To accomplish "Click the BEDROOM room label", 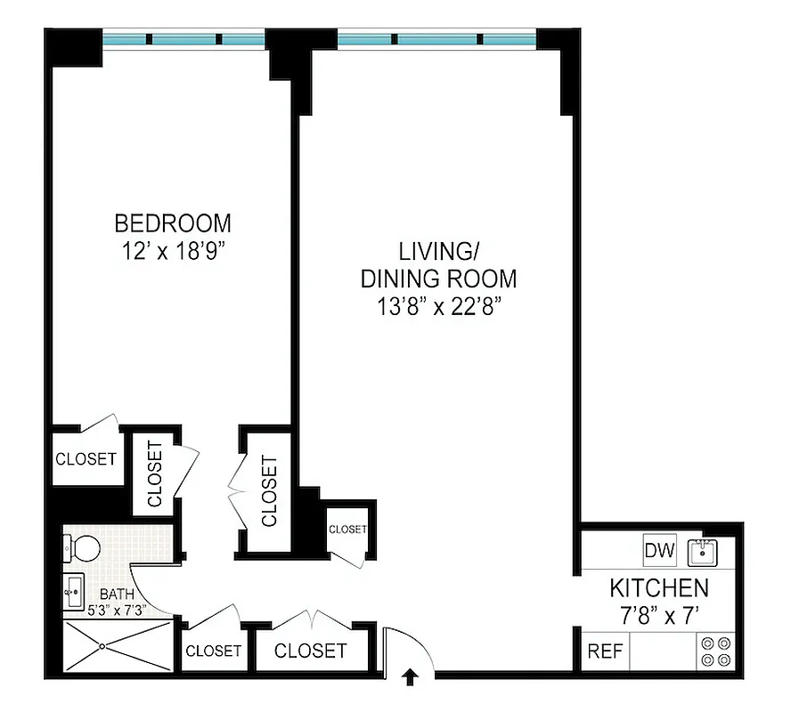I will [172, 222].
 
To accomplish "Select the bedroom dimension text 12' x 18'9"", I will [172, 251].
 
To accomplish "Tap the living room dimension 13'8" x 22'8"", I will [437, 308].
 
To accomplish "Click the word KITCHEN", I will [659, 588].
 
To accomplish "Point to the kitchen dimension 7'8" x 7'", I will [659, 615].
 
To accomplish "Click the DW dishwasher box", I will [660, 549].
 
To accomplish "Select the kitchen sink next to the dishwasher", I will [704, 553].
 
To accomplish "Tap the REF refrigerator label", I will [605, 651].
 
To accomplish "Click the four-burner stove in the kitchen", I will [716, 651].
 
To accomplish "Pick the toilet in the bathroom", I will [81, 549].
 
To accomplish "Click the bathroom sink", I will [73, 588].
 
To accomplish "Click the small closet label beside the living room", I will [347, 529].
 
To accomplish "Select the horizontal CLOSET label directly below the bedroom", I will [86, 459].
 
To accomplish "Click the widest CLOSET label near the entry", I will [310, 651].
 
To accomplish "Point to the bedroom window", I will [183, 39].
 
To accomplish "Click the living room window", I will [436, 39].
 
